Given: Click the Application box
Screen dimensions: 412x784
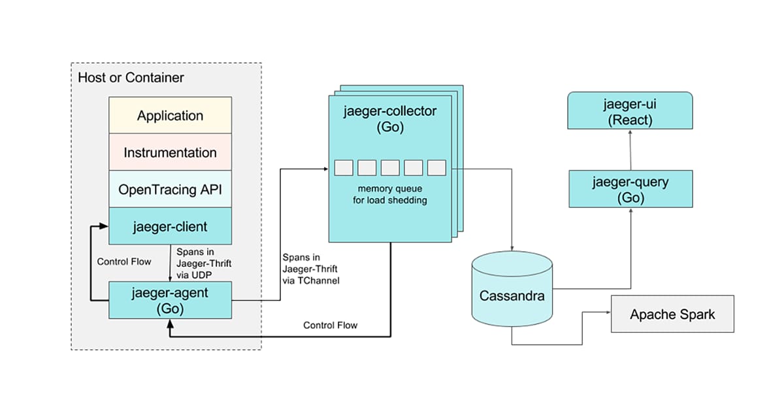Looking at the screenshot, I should tap(170, 116).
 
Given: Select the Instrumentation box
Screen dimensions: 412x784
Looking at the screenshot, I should tap(170, 152).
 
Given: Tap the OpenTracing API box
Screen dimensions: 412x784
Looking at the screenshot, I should tap(170, 190).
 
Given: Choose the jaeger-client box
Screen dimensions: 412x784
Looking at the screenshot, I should tap(170, 227).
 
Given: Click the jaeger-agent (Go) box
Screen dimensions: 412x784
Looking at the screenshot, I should tap(170, 300).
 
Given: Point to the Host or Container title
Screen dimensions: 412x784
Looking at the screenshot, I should tap(131, 77).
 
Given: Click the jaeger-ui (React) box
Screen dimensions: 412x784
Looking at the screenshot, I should tap(629, 111).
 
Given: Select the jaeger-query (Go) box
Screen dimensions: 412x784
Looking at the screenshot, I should tap(630, 189).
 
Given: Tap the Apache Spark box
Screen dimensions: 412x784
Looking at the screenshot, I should tap(672, 314).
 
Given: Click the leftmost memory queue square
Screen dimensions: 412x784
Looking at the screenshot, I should tap(344, 167).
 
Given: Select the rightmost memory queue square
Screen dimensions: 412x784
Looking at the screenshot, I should tap(436, 167).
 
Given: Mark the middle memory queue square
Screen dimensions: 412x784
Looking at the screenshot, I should tap(390, 167).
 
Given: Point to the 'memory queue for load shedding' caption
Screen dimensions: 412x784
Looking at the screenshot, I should tap(389, 194).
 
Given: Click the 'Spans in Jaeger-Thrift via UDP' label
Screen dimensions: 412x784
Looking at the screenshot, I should tap(195, 263).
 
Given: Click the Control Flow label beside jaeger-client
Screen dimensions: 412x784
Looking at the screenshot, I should tap(124, 262).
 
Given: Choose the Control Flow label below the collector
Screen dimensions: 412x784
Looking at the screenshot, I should tap(331, 325).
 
